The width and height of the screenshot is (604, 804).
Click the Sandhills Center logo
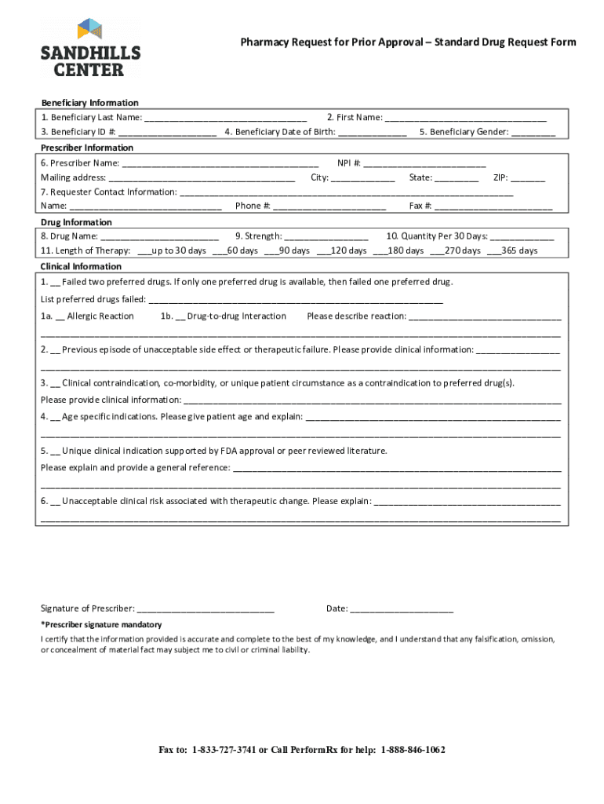90,48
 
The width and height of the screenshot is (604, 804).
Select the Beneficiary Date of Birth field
373,133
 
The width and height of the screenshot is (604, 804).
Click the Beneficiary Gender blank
533,133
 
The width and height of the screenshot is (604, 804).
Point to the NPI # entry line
424,164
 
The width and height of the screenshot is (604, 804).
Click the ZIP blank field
528,178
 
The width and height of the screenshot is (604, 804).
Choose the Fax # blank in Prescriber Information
493,207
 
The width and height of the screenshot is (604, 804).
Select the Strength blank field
326,237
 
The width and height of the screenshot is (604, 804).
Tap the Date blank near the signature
402,609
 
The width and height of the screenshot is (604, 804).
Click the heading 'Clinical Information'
81,267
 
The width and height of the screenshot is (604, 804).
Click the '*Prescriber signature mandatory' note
101,625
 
